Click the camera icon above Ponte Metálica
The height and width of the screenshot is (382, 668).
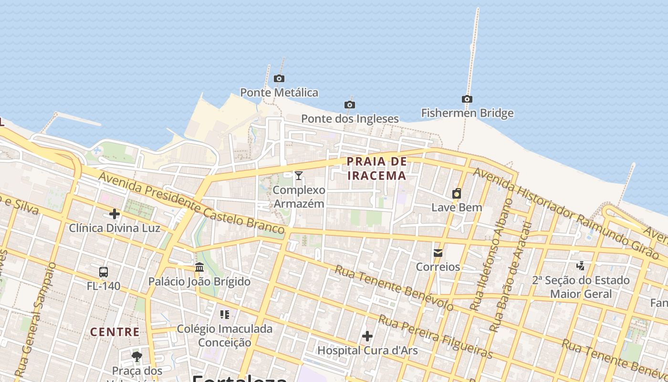pyautogui.click(x=279, y=78)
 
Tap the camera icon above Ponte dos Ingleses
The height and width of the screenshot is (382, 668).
pyautogui.click(x=350, y=105)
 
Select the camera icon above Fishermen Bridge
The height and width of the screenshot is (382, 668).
pyautogui.click(x=467, y=99)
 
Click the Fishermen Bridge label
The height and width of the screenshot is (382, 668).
pyautogui.click(x=467, y=113)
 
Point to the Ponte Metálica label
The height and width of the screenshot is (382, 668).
pyautogui.click(x=279, y=93)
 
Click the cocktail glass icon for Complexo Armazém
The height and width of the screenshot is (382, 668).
pyautogui.click(x=299, y=176)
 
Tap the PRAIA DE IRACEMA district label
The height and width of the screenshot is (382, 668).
pyautogui.click(x=377, y=169)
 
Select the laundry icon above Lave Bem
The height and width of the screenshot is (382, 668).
pyautogui.click(x=457, y=193)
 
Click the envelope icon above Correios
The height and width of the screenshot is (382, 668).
pyautogui.click(x=438, y=253)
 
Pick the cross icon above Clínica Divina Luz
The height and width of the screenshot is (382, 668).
pyautogui.click(x=115, y=213)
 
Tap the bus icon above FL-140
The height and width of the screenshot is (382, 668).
pyautogui.click(x=104, y=272)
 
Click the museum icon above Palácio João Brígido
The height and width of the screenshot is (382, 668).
pyautogui.click(x=199, y=267)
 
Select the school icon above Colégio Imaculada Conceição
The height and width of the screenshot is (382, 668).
pyautogui.click(x=225, y=314)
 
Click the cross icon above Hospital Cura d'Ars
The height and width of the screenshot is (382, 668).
pyautogui.click(x=367, y=336)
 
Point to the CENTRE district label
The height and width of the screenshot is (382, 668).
pyautogui.click(x=115, y=332)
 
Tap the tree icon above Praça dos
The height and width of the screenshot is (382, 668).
pyautogui.click(x=137, y=356)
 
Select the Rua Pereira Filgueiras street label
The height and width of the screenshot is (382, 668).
pyautogui.click(x=435, y=336)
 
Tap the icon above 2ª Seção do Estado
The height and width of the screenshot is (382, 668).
pyautogui.click(x=581, y=265)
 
